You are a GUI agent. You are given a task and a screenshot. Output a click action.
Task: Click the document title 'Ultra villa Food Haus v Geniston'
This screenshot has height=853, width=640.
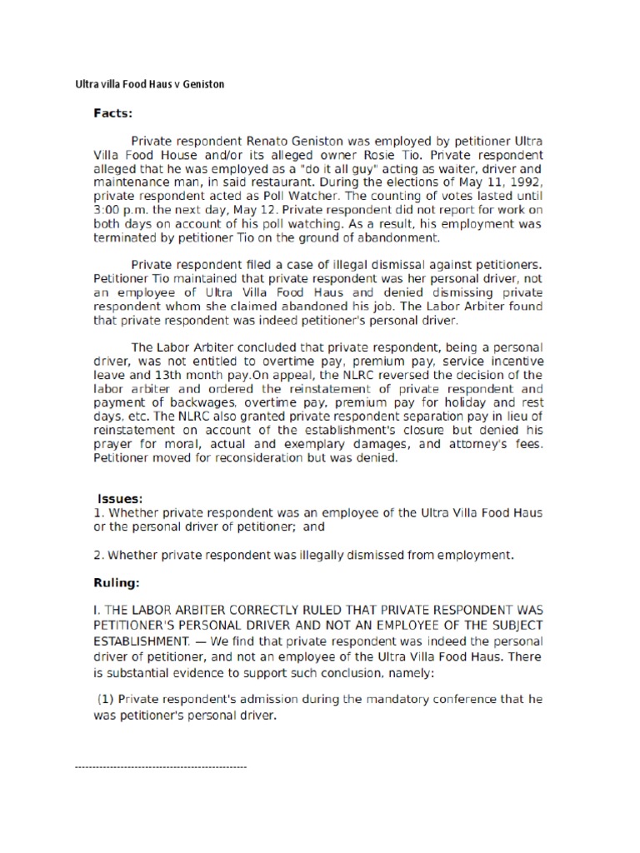point(149,84)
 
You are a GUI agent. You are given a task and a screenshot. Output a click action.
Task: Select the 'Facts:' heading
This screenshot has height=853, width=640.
point(113,113)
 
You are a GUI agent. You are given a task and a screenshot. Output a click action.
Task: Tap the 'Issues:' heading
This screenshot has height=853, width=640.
point(121,498)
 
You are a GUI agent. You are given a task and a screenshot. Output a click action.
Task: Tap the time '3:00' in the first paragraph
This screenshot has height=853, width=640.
point(107,210)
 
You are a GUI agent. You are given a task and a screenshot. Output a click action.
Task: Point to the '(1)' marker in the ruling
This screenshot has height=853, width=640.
point(107,699)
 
